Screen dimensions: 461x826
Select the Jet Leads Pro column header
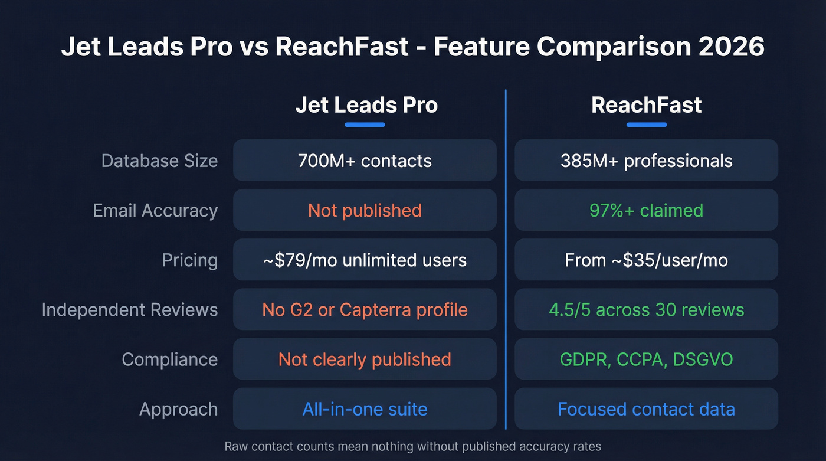[366, 105]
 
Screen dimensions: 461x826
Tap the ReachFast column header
[646, 105]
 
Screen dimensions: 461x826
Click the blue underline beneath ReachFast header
[646, 125]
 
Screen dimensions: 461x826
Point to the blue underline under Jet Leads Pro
[365, 125]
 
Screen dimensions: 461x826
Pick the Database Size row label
[159, 161]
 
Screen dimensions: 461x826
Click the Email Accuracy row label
[155, 211]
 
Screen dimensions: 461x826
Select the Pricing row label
[189, 260]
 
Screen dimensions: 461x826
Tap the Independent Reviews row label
[129, 310]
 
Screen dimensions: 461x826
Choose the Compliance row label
[169, 359]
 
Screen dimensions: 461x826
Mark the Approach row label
[178, 409]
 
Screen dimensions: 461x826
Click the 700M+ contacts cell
[365, 161]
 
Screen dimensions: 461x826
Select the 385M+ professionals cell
[646, 161]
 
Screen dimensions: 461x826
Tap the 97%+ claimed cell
[646, 211]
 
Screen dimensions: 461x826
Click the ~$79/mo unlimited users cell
[365, 260]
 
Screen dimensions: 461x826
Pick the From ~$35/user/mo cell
[646, 260]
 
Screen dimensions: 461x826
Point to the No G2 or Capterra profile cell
[365, 310]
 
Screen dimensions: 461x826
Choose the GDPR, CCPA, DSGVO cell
[646, 359]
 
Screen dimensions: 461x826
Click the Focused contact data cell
[646, 409]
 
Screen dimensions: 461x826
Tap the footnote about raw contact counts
[412, 446]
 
